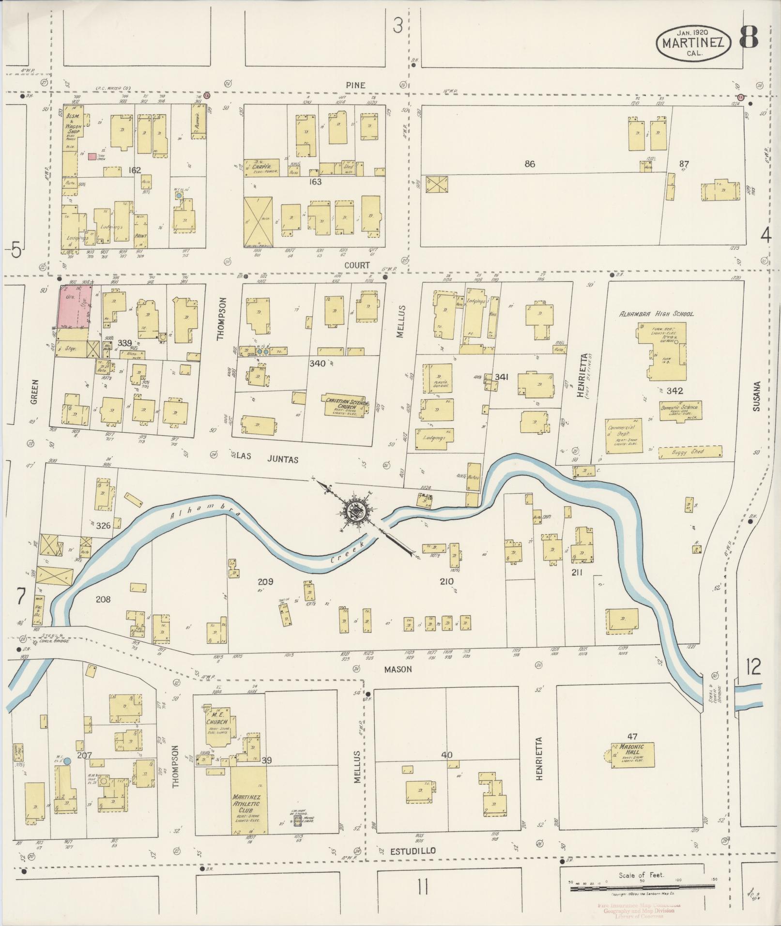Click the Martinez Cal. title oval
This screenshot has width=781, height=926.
pyautogui.click(x=693, y=43)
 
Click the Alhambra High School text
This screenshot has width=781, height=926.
pyautogui.click(x=656, y=314)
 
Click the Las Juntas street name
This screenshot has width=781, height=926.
pyautogui.click(x=267, y=459)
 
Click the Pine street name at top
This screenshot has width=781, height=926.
pyautogui.click(x=355, y=85)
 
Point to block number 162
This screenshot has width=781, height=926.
pyautogui.click(x=134, y=170)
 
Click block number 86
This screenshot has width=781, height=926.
pyautogui.click(x=530, y=164)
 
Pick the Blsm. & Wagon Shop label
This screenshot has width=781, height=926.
pyautogui.click(x=74, y=125)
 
